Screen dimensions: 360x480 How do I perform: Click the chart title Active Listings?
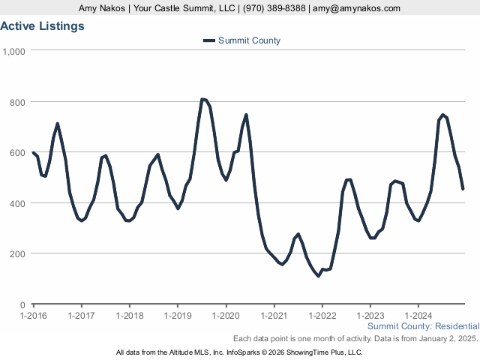tap(42, 25)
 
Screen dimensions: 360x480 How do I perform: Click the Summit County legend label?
tap(249, 40)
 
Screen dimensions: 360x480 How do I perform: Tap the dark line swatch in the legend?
tap(208, 40)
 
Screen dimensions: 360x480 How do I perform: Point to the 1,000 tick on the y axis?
tap(14, 51)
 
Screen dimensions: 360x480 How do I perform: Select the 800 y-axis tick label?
tap(18, 102)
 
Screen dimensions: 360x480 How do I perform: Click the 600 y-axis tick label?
tap(18, 152)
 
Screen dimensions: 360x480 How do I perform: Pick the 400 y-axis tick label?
tap(18, 203)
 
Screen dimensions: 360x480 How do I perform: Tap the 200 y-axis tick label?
tap(18, 253)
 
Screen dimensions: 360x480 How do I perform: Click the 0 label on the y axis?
tap(23, 304)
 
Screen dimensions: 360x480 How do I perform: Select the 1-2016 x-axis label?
tap(34, 316)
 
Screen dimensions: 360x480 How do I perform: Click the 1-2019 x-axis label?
tap(178, 316)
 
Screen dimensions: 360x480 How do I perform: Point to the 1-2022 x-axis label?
tap(322, 316)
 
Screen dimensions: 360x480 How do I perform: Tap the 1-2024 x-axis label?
tap(418, 316)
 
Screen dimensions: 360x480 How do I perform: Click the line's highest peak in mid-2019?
tap(202, 99)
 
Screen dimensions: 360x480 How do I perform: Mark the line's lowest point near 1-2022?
tap(318, 276)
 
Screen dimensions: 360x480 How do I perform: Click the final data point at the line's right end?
tap(463, 189)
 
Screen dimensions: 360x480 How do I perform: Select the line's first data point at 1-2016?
tap(34, 152)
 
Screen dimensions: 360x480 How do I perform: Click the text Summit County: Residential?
tap(423, 326)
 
